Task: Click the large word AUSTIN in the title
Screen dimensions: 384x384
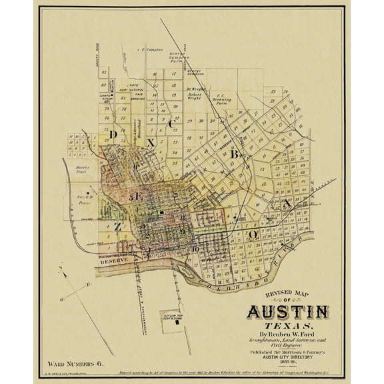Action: [288, 311]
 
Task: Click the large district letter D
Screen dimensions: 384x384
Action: [113, 135]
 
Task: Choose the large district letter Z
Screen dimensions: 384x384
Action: [117, 227]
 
